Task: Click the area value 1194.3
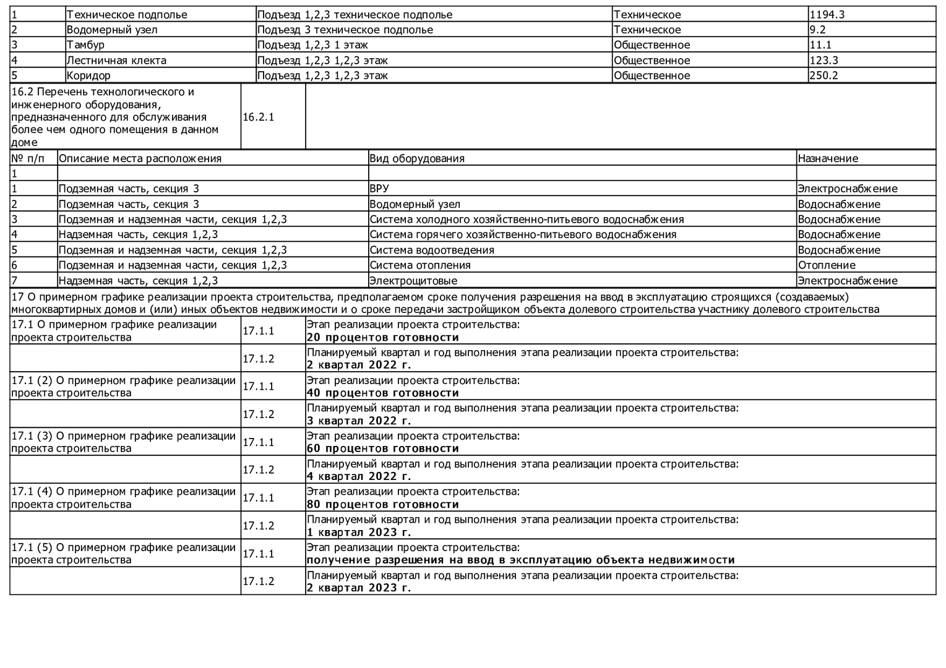tap(827, 14)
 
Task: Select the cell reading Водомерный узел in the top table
tap(112, 30)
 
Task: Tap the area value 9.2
tap(817, 30)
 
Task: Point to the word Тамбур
tap(85, 45)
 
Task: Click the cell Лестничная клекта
tap(116, 60)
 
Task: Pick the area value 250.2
tap(823, 75)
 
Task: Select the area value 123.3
tap(823, 60)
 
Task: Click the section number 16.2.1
tap(258, 117)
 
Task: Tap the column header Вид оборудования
tap(416, 158)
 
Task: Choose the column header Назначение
tap(828, 158)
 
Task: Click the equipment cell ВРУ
tap(379, 189)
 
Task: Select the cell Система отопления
tap(420, 265)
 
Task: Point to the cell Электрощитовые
tap(413, 281)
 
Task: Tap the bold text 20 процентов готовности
tap(383, 338)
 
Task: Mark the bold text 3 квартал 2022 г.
tap(359, 421)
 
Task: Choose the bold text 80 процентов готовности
tap(383, 505)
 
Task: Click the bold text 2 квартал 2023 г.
tap(359, 588)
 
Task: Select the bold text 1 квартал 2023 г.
tap(359, 533)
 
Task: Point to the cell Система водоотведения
tap(432, 250)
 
